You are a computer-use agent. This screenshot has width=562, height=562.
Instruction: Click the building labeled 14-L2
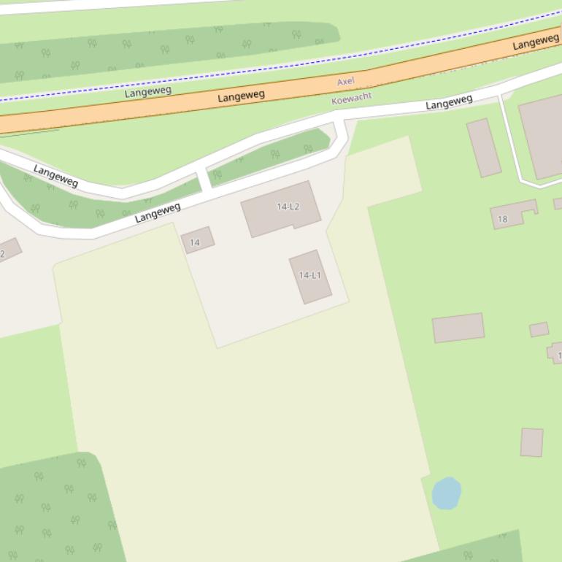pos(280,209)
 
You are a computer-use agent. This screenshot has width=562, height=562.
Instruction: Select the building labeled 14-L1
pos(310,276)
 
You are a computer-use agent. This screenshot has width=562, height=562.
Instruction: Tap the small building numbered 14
pos(197,239)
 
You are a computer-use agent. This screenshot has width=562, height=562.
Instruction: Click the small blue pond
pos(446,493)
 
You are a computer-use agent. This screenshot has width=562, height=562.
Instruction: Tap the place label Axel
pos(345,82)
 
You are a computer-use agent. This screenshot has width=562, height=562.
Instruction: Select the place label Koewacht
pos(351,97)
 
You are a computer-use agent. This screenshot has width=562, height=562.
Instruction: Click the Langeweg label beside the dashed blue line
pos(147,91)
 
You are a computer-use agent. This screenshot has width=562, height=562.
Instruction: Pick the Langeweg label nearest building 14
pos(157,212)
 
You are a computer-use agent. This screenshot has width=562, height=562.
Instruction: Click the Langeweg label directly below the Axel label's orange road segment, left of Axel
pos(241,96)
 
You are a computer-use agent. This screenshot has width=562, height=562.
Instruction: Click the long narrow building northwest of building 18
pos(483,147)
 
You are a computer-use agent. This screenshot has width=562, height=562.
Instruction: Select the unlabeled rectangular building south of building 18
pos(458,328)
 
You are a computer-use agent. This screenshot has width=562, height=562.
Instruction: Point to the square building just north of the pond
pos(531,442)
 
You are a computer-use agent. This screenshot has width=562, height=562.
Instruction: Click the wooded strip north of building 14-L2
pos(270,156)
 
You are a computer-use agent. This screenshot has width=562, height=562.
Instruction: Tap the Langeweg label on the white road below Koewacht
pos(449,103)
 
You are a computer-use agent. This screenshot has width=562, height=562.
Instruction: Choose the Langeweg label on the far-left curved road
pos(55,175)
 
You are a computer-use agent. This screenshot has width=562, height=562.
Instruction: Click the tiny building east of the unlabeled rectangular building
pos(539,330)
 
